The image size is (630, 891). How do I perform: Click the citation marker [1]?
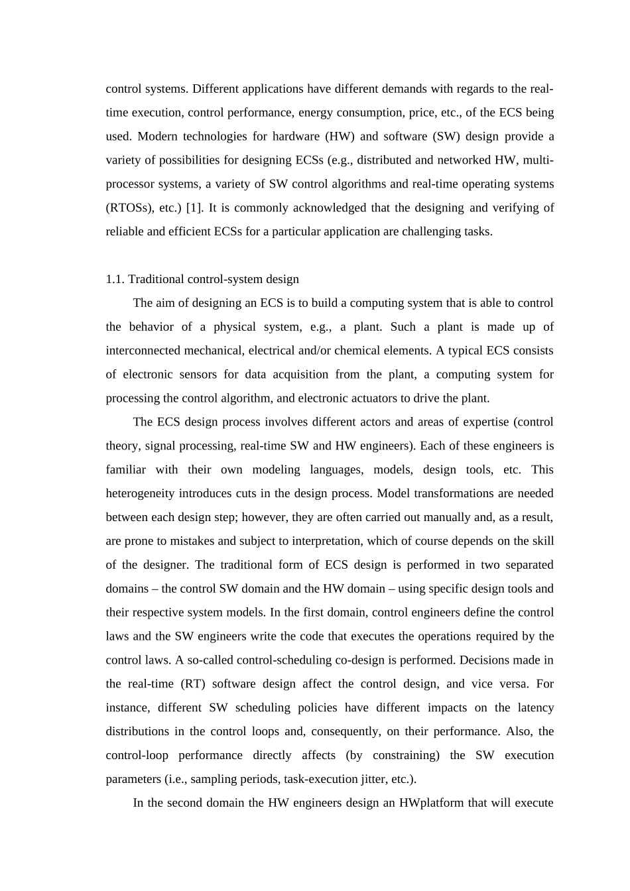click(x=194, y=208)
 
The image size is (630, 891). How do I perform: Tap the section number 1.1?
click(x=115, y=280)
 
